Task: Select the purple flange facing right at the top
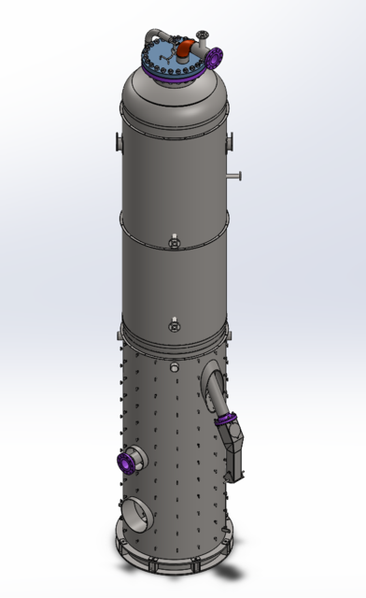tap(215, 57)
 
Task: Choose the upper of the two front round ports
tap(174, 245)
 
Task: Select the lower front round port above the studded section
tap(173, 327)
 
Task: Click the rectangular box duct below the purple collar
tap(235, 454)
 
